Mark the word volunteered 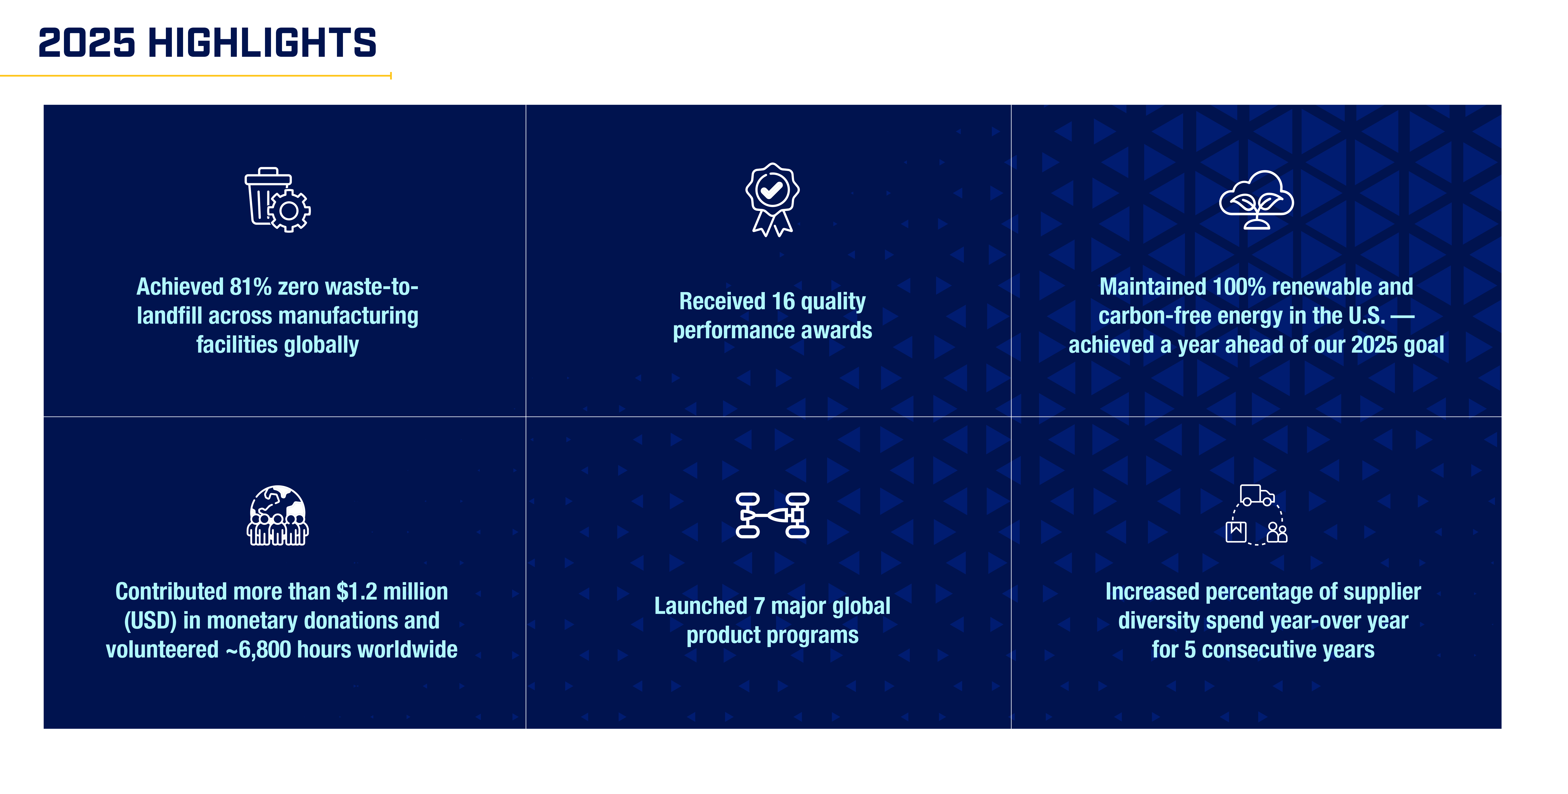tap(162, 650)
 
